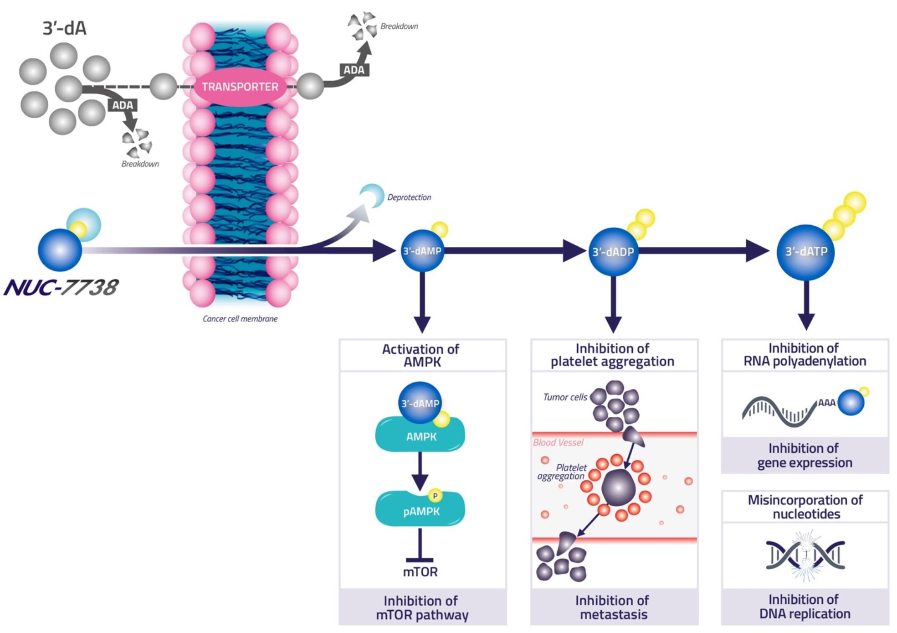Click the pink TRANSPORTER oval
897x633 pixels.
240,87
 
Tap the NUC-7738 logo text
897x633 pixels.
61,288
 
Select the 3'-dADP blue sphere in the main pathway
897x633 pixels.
613,252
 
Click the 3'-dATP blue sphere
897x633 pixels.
805,252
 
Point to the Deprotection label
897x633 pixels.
409,197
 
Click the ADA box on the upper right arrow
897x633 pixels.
354,70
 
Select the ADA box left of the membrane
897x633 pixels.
123,105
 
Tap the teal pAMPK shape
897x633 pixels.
420,510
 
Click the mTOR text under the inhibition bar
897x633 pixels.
420,572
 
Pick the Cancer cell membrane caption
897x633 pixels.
240,319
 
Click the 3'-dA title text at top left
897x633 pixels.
64,29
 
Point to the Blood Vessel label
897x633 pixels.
558,442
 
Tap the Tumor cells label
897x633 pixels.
565,397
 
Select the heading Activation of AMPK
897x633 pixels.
420,356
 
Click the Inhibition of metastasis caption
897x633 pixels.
613,607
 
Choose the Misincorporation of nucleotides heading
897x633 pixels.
805,507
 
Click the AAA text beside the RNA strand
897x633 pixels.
826,403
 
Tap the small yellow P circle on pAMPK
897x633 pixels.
435,496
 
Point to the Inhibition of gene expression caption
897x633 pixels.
805,456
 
